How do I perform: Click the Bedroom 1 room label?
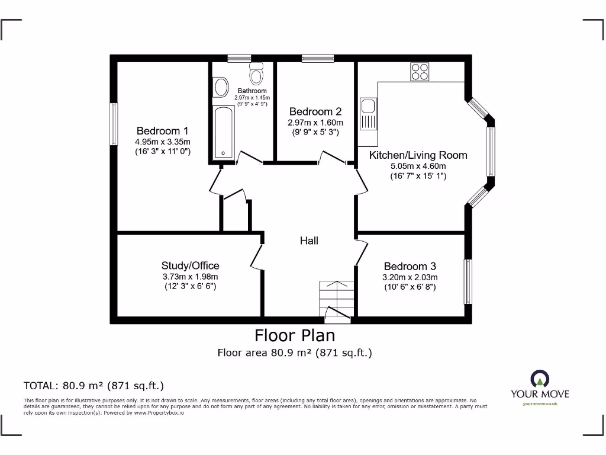pyautogui.click(x=162, y=131)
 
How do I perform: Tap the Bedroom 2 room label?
pyautogui.click(x=315, y=111)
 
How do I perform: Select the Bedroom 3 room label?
pyautogui.click(x=410, y=266)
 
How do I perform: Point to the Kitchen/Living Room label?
pyautogui.click(x=418, y=155)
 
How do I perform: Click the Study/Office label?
pyautogui.click(x=190, y=265)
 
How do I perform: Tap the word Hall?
pyautogui.click(x=309, y=241)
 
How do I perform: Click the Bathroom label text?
pyautogui.click(x=252, y=91)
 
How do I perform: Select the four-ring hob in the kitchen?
pyautogui.click(x=420, y=72)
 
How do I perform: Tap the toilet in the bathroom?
pyautogui.click(x=257, y=74)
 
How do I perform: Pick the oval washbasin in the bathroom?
pyautogui.click(x=221, y=87)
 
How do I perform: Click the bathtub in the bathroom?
pyautogui.click(x=223, y=132)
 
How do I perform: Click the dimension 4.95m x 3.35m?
pyautogui.click(x=162, y=142)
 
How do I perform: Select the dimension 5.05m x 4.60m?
pyautogui.click(x=418, y=166)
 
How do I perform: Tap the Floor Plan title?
pyautogui.click(x=295, y=335)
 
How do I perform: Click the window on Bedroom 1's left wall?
pyautogui.click(x=114, y=124)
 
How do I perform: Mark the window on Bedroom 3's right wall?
pyautogui.click(x=468, y=281)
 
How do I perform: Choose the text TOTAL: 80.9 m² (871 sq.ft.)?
pyautogui.click(x=94, y=386)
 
